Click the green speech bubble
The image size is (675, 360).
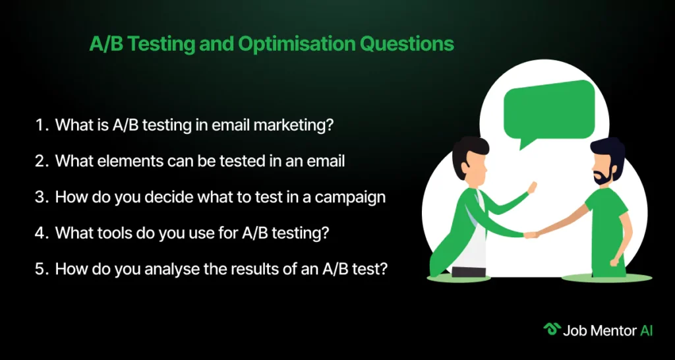[549, 113]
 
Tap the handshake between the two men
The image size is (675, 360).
[531, 235]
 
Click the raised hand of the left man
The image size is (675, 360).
[532, 188]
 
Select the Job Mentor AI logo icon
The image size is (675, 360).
[550, 330]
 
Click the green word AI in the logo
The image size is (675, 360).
[646, 330]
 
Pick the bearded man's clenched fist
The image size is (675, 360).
[615, 262]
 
